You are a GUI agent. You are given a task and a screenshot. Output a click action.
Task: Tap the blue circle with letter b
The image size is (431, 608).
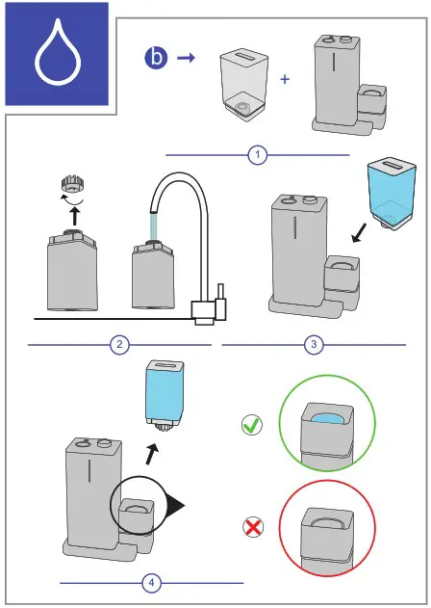click(156, 58)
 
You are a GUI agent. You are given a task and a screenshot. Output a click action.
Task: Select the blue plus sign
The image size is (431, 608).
click(285, 79)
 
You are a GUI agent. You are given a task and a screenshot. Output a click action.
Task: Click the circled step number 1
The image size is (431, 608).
click(258, 155)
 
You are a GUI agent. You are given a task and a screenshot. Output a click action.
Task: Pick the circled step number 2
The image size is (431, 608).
click(119, 344)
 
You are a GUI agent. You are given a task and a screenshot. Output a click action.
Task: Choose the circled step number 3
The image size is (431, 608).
click(314, 344)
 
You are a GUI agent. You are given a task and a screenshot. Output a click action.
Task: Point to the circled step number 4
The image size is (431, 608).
click(151, 582)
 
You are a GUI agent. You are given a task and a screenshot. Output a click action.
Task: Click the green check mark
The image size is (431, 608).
click(252, 425)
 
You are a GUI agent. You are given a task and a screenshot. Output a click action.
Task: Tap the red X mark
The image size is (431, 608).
click(253, 527)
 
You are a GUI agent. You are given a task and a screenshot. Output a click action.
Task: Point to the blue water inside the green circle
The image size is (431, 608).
click(326, 419)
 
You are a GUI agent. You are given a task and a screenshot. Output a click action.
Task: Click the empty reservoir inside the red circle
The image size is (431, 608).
click(327, 523)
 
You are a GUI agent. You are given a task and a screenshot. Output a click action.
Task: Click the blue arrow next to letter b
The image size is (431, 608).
click(187, 58)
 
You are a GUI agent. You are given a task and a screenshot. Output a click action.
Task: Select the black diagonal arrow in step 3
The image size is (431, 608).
click(360, 233)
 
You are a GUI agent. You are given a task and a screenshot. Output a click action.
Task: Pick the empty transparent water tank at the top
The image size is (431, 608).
click(244, 85)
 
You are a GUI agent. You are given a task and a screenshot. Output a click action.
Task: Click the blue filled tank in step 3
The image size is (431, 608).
click(392, 193)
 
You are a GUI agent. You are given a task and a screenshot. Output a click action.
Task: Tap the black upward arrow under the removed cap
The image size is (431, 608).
click(75, 216)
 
